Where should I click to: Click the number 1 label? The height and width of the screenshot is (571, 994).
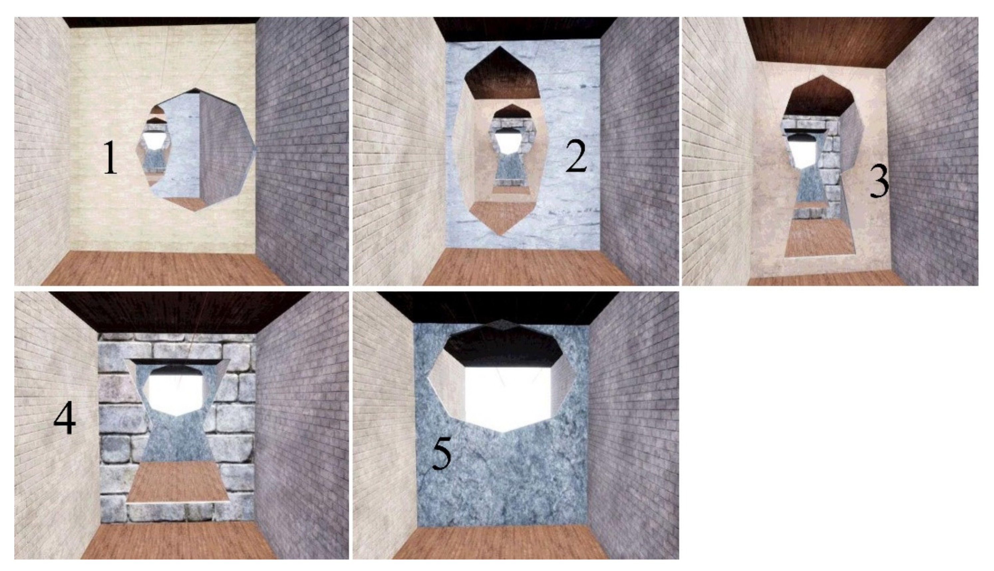[x=110, y=158]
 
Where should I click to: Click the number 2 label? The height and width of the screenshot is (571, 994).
[x=576, y=156]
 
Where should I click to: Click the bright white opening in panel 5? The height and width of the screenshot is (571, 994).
[x=508, y=398]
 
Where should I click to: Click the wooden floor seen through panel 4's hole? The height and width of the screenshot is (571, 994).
[x=178, y=481]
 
